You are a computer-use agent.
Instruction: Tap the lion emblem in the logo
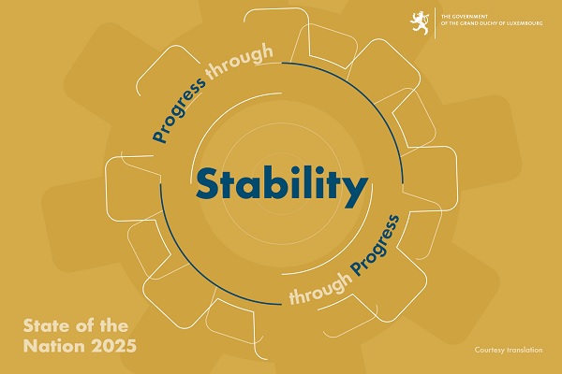tap(420, 22)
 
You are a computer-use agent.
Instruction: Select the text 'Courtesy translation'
tap(509, 350)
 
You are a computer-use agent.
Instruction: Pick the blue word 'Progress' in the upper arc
tap(179, 109)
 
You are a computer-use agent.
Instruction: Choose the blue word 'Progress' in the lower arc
tap(376, 246)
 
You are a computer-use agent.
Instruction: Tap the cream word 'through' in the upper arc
tap(240, 61)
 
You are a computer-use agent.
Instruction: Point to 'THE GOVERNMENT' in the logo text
tap(465, 17)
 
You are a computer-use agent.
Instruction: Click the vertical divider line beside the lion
tap(436, 22)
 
